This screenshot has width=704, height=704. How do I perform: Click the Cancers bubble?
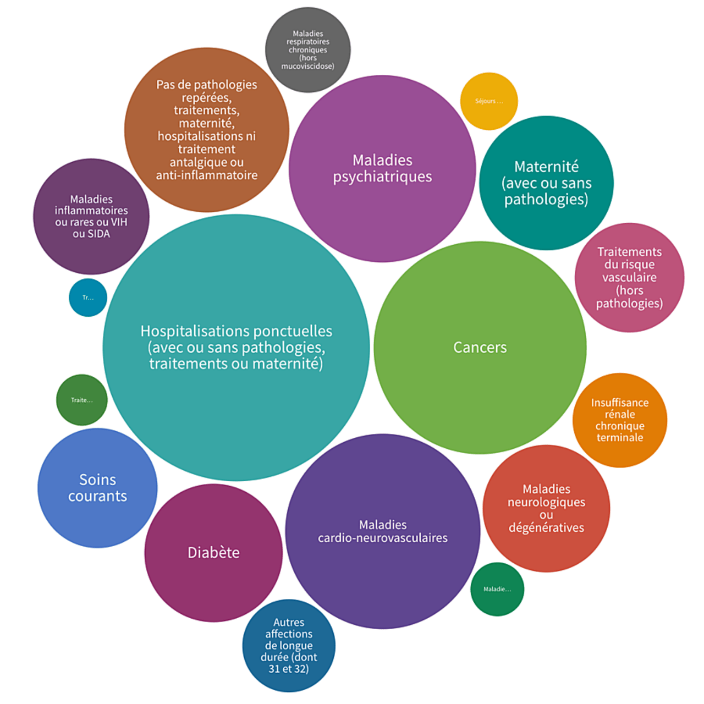pos(480,348)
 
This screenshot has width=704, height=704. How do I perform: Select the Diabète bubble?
pos(213,553)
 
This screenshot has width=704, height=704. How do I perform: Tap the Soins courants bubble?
pos(97,488)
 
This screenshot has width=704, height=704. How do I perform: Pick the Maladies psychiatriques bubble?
pos(382,168)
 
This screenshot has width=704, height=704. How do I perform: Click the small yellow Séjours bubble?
pos(489,101)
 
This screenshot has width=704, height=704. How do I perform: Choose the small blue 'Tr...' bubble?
pos(88,298)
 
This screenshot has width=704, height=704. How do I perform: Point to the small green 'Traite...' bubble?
pos(82,400)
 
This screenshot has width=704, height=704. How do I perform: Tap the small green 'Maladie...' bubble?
pos(497,589)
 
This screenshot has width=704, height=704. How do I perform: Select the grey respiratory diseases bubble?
pos(308,50)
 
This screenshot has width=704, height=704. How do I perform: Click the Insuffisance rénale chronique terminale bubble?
pos(620,420)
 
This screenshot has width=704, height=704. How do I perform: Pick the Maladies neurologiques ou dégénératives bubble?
pos(546,508)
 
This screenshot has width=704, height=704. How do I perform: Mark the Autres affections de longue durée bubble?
pos(289,646)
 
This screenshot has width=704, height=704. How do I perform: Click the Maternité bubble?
pos(546,183)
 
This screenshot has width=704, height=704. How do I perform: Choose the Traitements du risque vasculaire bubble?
pos(629,277)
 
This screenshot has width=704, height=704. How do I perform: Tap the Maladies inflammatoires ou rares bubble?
pos(91,216)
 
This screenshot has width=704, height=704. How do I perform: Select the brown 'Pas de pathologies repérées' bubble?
pos(207,130)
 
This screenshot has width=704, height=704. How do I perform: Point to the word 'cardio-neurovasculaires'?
pos(383,538)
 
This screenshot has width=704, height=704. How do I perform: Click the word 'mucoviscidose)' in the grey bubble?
pos(308,66)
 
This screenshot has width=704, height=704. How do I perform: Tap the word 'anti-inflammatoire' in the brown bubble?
pos(207,175)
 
